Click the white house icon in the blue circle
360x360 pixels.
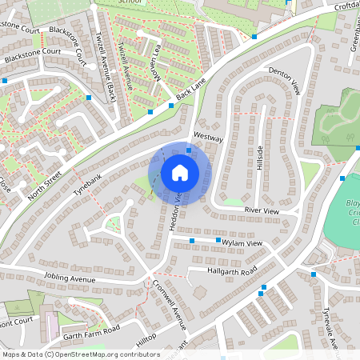point(179,173)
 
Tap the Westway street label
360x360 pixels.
point(207,137)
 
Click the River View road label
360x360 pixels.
point(261,210)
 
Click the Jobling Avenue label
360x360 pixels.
point(70,278)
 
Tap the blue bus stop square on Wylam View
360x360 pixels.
point(194,239)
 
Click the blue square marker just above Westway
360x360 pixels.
point(189,150)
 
